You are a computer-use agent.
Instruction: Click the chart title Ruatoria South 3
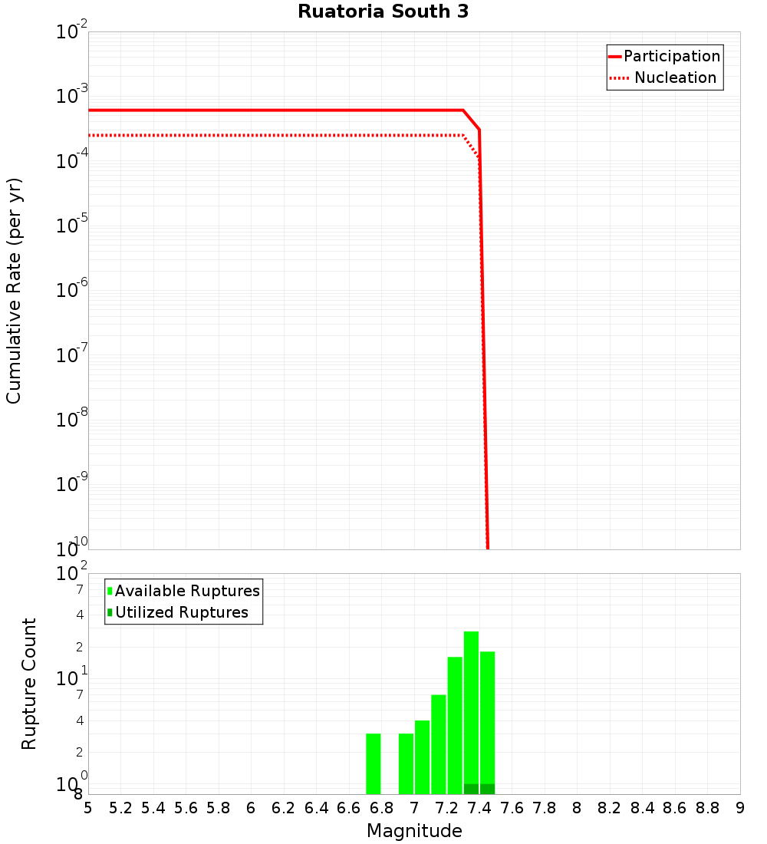383,12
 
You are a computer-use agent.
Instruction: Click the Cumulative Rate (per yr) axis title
14,291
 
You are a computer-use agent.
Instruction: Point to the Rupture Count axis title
29,684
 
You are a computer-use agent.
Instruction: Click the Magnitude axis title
414,831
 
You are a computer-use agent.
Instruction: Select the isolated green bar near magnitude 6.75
374,763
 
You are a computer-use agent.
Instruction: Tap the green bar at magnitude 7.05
422,757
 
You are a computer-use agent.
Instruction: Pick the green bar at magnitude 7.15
439,744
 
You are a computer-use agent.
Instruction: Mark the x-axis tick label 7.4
479,808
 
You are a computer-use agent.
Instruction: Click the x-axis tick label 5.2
120,808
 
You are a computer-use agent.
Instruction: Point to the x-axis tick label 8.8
708,808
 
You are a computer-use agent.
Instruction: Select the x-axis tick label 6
251,808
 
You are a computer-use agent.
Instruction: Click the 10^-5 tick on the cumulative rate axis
72,226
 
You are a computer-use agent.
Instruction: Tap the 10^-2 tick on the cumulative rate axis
72,33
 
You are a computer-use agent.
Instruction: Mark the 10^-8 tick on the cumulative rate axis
72,420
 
